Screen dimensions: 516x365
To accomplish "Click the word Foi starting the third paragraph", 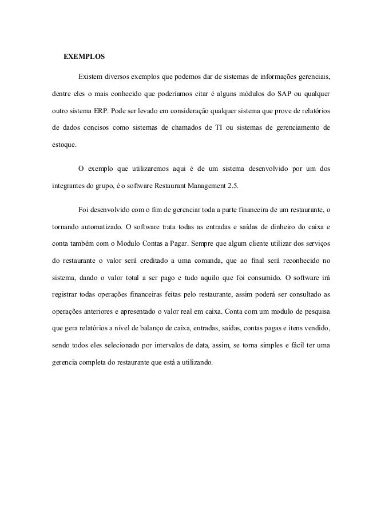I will (84, 210).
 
